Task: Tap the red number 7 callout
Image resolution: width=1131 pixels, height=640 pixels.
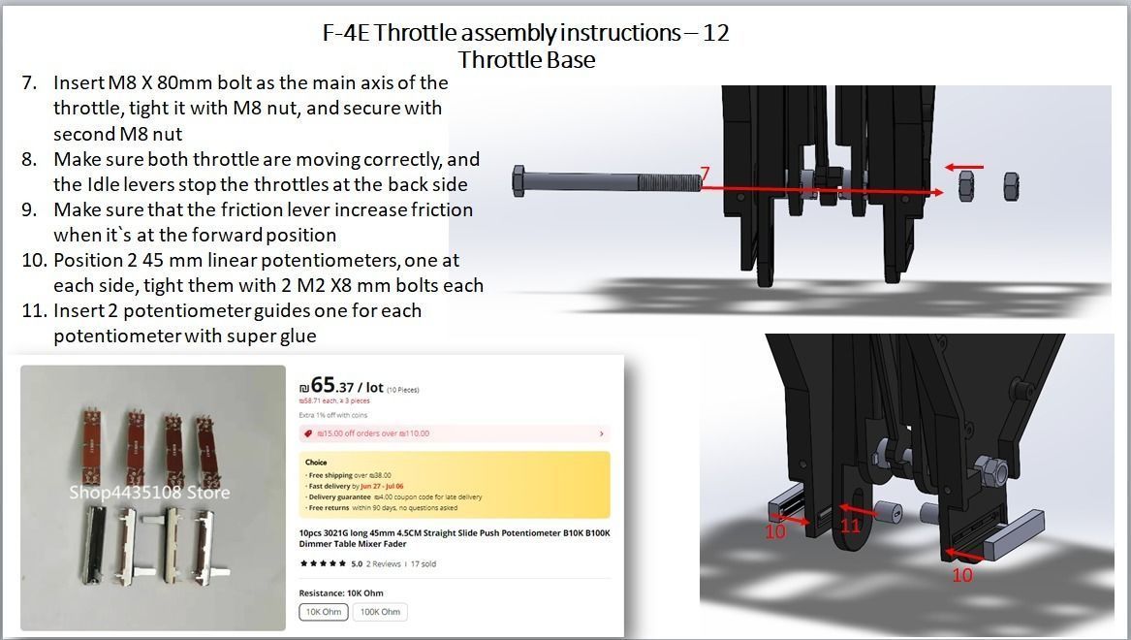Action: click(x=706, y=175)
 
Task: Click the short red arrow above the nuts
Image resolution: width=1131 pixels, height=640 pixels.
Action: click(x=965, y=167)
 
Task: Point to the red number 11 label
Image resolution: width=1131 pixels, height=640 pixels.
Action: click(x=851, y=527)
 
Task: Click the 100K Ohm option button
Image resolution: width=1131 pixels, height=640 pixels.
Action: click(x=382, y=612)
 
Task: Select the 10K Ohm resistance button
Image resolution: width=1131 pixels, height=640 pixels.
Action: click(x=324, y=612)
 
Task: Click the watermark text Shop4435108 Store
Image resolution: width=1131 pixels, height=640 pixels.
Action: click(x=149, y=493)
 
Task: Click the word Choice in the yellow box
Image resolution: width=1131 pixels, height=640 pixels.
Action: click(x=316, y=463)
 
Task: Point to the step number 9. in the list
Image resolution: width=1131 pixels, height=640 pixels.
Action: click(x=29, y=209)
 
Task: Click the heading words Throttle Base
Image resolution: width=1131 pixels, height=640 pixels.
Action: click(x=526, y=59)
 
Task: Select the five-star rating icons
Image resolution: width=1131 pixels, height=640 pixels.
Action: click(x=323, y=563)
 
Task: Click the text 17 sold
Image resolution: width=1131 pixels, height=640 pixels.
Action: click(x=423, y=563)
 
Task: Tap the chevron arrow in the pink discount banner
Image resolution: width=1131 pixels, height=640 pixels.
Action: click(x=602, y=433)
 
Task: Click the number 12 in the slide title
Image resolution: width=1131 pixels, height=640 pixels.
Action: click(x=716, y=32)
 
